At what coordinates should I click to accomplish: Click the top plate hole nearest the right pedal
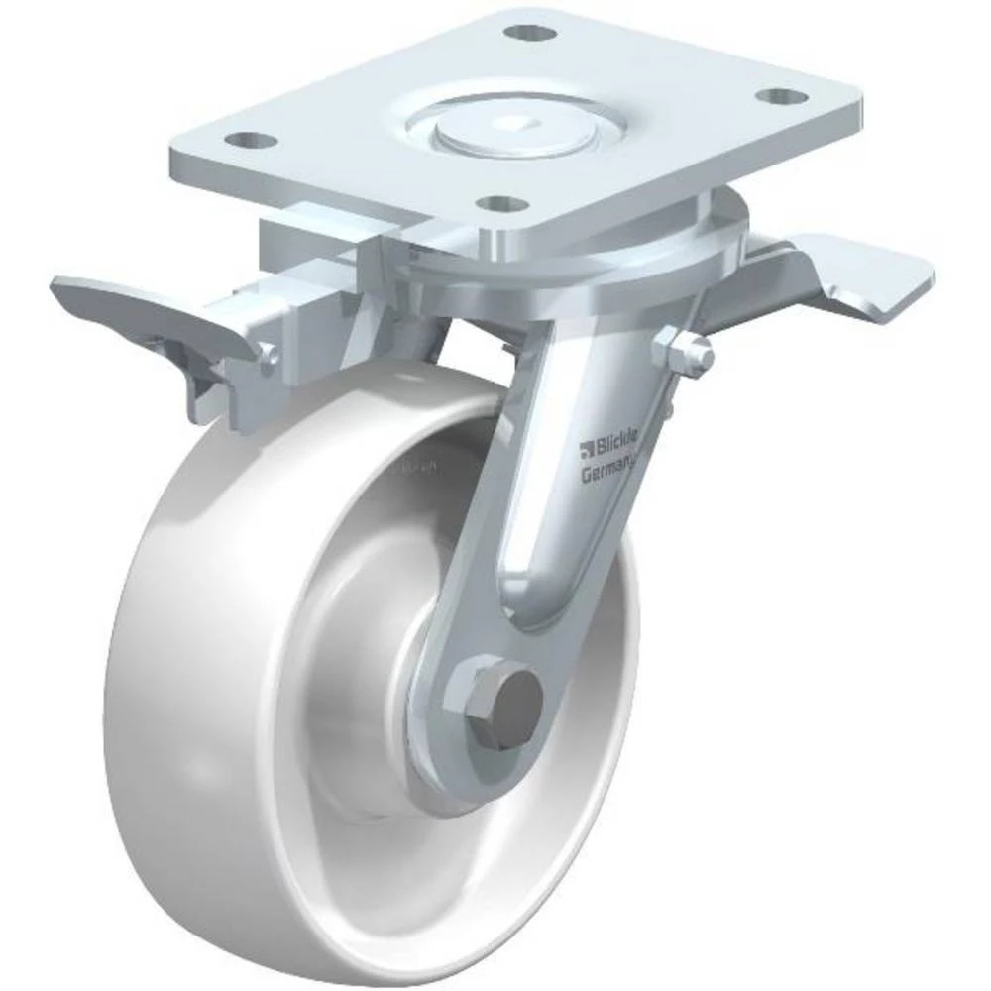[783, 98]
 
